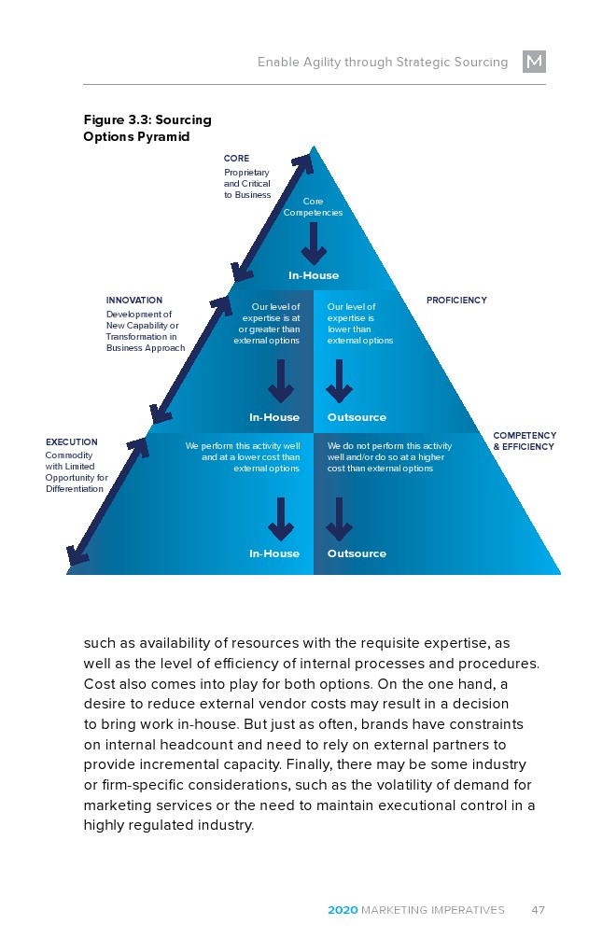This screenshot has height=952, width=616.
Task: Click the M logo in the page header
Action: tap(534, 62)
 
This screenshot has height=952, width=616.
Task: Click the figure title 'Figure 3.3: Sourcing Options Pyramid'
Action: tap(147, 128)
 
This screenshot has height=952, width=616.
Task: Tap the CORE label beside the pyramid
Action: tap(236, 159)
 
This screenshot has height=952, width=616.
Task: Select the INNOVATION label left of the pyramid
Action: tap(134, 301)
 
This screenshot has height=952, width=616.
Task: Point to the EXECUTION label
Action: tap(71, 441)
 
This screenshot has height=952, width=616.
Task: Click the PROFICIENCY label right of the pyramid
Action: tap(456, 301)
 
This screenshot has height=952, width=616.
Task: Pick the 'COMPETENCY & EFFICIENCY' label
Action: tap(525, 441)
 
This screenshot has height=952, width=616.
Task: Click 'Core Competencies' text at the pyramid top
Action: tap(313, 206)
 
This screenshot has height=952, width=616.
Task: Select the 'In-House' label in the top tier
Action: tap(313, 275)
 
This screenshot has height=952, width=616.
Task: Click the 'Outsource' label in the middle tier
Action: tap(357, 417)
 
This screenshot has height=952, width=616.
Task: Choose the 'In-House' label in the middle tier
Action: tap(274, 417)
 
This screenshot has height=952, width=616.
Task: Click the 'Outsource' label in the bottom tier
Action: tap(357, 553)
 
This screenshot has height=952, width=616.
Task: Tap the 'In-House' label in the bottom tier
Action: tap(274, 553)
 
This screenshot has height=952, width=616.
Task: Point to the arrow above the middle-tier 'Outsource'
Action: tap(339, 381)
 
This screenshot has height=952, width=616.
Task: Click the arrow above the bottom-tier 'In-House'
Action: tap(281, 519)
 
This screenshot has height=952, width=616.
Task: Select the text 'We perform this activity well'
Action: tap(243, 446)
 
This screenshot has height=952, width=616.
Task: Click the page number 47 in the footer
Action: tap(538, 910)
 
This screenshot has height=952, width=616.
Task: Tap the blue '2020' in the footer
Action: tap(342, 910)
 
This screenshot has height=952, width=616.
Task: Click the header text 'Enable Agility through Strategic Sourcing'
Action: tap(383, 63)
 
